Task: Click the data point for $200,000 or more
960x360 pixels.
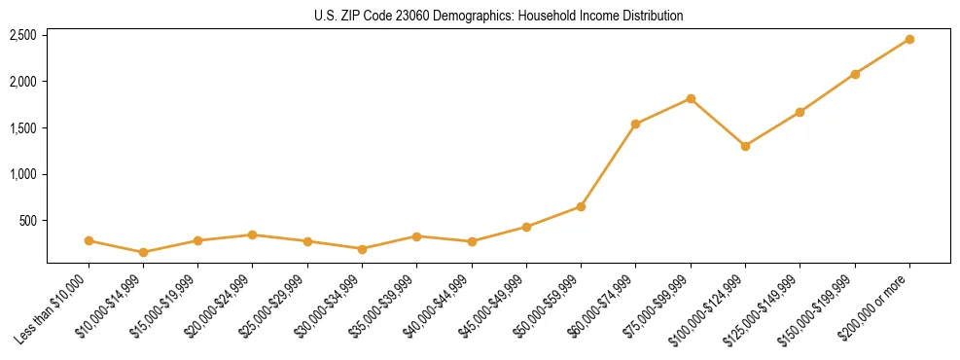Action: click(x=909, y=39)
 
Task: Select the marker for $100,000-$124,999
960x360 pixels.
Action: click(x=745, y=146)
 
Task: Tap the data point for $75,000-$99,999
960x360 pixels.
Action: click(x=691, y=98)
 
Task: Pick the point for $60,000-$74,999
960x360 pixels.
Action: click(x=636, y=124)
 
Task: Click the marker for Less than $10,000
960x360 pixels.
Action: click(x=89, y=240)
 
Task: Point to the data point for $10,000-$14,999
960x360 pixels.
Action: click(x=143, y=252)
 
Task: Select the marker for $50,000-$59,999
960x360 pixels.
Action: click(x=581, y=206)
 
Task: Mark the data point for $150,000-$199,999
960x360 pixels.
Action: click(x=855, y=74)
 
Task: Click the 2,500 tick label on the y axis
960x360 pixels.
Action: click(x=23, y=35)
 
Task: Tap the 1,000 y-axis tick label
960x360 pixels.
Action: click(x=23, y=174)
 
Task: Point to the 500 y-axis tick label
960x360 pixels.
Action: click(x=28, y=221)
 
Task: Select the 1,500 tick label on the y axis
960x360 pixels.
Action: click(x=23, y=128)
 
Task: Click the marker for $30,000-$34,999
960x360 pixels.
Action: click(x=362, y=249)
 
